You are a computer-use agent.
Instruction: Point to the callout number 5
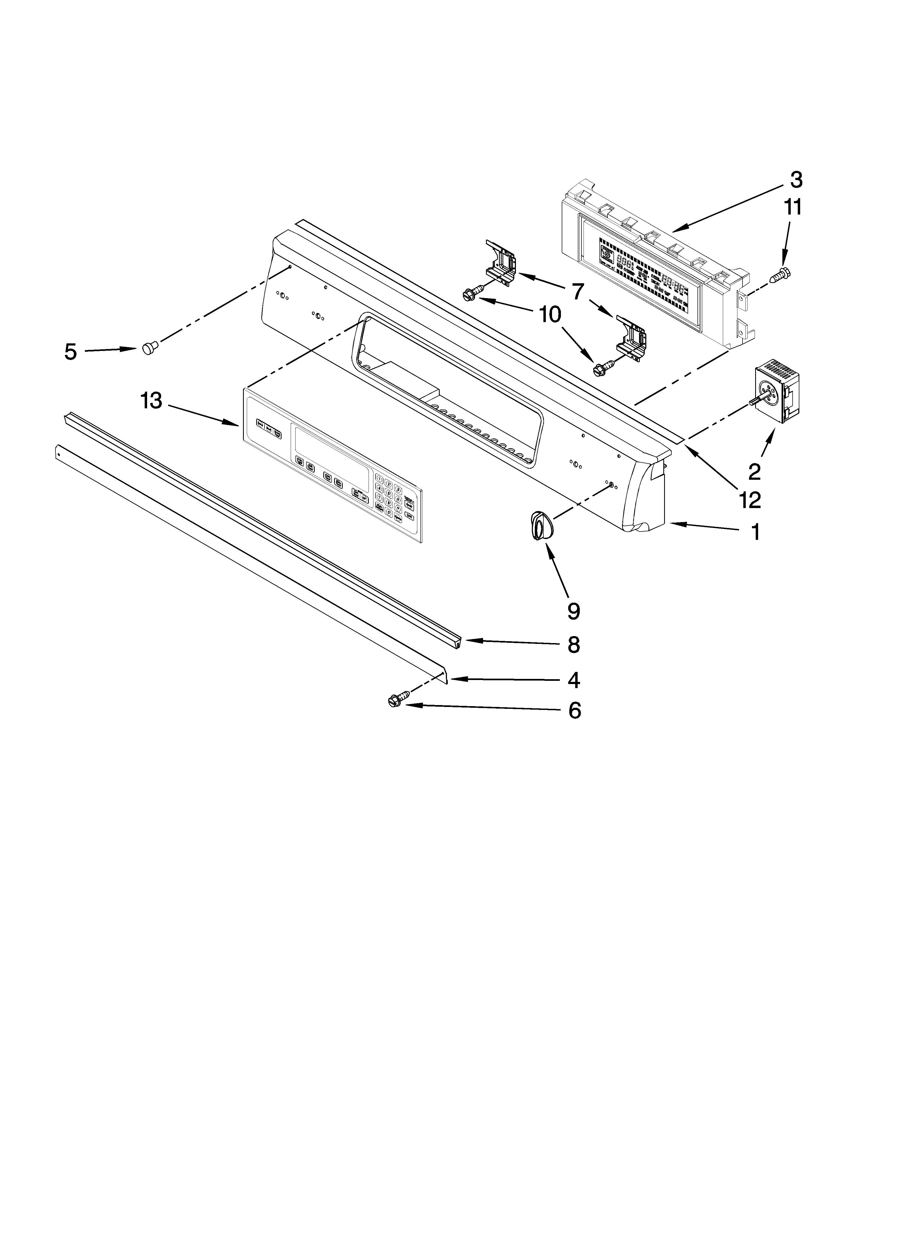coord(70,352)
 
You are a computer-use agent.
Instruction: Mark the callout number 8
coord(574,646)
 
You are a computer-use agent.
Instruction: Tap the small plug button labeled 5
coord(150,347)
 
